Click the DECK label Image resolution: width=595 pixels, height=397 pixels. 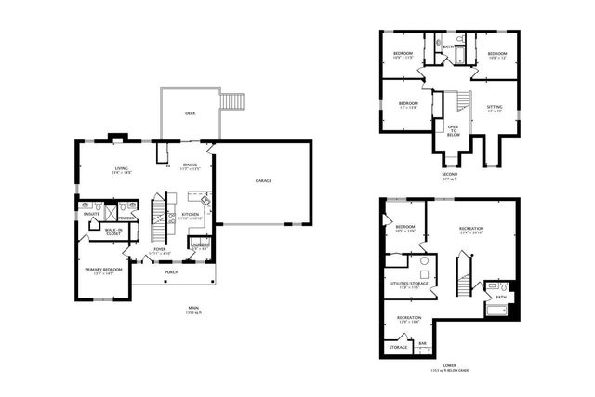click(190, 113)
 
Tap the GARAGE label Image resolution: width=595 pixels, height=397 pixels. click(264, 180)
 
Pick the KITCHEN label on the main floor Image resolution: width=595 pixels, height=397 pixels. click(190, 215)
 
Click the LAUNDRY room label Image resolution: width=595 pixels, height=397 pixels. click(198, 246)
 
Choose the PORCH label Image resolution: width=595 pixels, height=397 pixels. click(170, 272)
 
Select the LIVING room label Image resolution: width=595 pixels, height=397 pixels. click(121, 168)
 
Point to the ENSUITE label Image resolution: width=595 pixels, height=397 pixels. click(91, 214)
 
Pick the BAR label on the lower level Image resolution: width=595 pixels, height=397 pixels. click(422, 343)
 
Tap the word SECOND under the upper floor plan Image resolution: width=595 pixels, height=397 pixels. click(450, 174)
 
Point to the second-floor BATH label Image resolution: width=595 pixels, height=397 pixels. click(447, 46)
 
